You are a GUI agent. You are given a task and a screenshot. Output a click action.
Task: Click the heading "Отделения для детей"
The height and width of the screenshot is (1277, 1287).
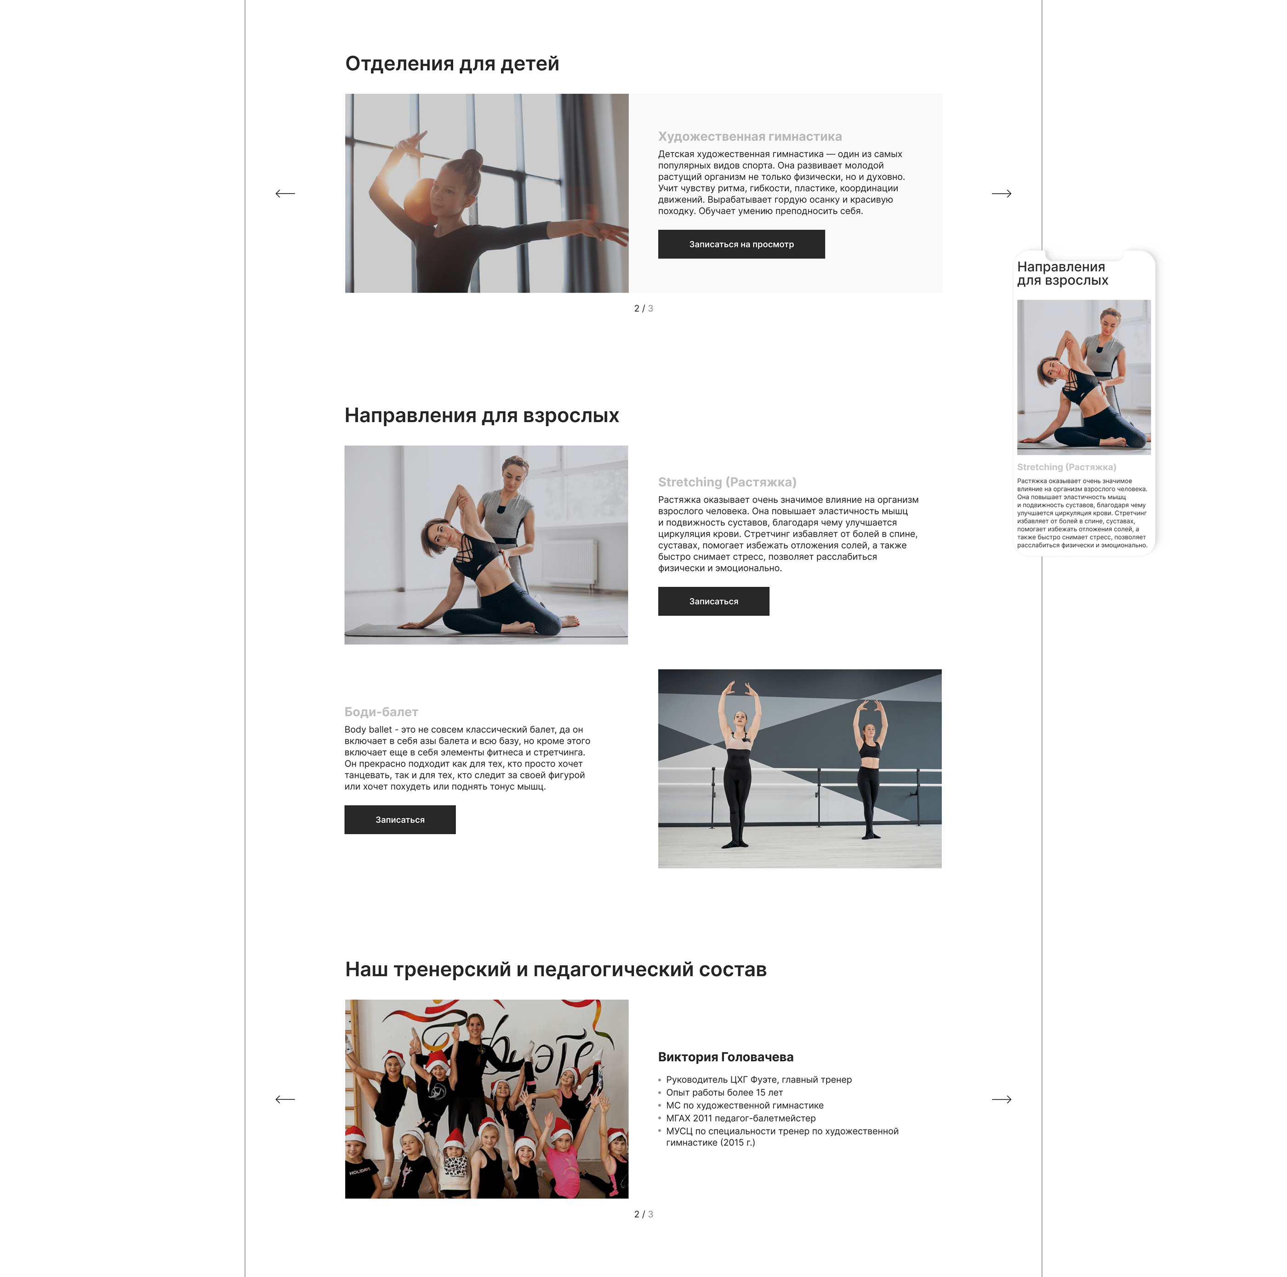(x=452, y=64)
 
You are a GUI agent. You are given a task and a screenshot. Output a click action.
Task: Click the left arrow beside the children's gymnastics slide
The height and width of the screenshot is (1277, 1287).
(x=285, y=194)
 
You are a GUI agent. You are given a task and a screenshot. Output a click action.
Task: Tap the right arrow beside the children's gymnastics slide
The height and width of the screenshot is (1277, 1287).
(x=1001, y=194)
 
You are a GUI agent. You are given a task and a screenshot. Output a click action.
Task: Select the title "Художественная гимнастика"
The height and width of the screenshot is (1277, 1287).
(x=749, y=136)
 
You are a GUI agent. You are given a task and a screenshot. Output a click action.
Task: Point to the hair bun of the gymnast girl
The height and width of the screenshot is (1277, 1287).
(x=473, y=158)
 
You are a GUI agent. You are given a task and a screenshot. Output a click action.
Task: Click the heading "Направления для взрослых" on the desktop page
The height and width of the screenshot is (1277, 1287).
(x=482, y=415)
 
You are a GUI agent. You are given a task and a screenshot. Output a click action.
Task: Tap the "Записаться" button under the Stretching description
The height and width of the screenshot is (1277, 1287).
(x=713, y=601)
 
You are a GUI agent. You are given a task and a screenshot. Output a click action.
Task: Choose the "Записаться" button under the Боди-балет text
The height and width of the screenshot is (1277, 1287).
(x=400, y=819)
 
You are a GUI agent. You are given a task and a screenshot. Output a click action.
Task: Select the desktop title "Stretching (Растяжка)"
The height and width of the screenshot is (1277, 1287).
(x=727, y=482)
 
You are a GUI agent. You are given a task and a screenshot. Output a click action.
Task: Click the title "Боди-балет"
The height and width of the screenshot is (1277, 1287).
(x=381, y=712)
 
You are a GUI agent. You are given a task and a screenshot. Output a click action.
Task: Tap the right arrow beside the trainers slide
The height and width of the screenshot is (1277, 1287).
(x=1001, y=1099)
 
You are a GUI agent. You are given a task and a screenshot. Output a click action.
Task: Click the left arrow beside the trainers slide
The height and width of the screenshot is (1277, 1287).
(x=285, y=1099)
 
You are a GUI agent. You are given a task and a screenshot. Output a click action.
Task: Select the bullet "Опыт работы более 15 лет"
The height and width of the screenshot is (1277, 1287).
(x=724, y=1093)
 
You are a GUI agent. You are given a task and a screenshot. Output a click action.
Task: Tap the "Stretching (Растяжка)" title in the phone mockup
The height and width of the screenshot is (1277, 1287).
(x=1066, y=467)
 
